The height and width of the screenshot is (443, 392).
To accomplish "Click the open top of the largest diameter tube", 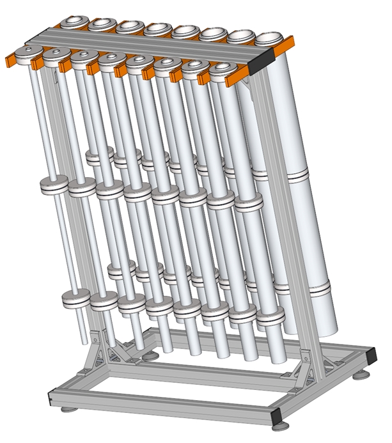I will (272, 39).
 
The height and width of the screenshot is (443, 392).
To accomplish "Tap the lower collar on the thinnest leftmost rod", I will (75, 298).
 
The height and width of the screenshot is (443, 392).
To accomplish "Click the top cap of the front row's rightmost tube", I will (221, 68).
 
